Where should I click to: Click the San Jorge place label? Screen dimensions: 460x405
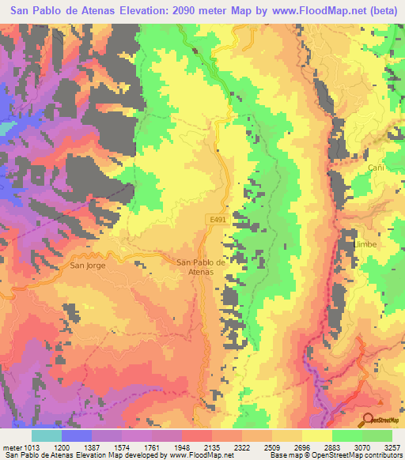[88, 266]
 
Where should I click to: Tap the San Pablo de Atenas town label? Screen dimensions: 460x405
[206, 267]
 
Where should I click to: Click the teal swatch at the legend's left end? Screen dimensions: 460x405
[47, 435]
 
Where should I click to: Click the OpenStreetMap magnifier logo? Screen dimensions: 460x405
[369, 419]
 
